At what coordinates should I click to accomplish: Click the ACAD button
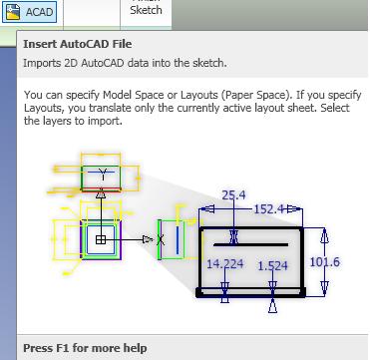click(29, 13)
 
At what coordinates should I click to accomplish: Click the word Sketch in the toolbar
click(146, 10)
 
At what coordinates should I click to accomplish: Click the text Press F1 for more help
click(85, 348)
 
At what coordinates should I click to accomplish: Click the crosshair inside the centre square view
click(100, 239)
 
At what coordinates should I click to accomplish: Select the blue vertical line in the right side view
click(177, 239)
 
